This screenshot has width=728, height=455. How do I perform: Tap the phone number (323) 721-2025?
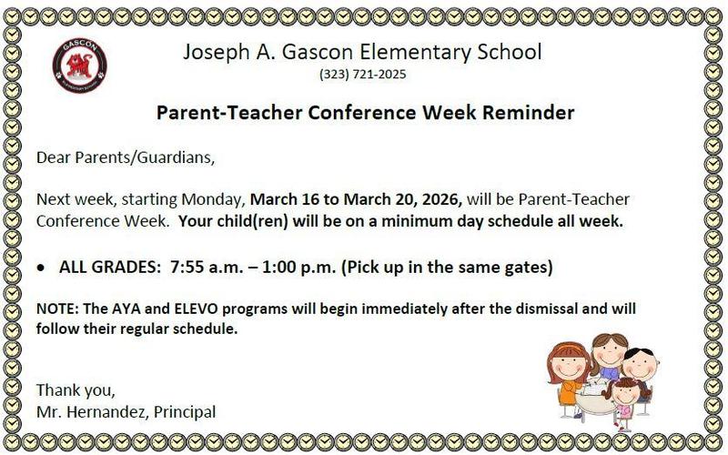tap(363, 75)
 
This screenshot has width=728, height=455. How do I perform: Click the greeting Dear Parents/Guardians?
tap(126, 157)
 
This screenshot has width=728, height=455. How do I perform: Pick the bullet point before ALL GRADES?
tap(41, 269)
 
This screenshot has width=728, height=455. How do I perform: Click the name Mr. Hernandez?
tap(87, 412)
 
